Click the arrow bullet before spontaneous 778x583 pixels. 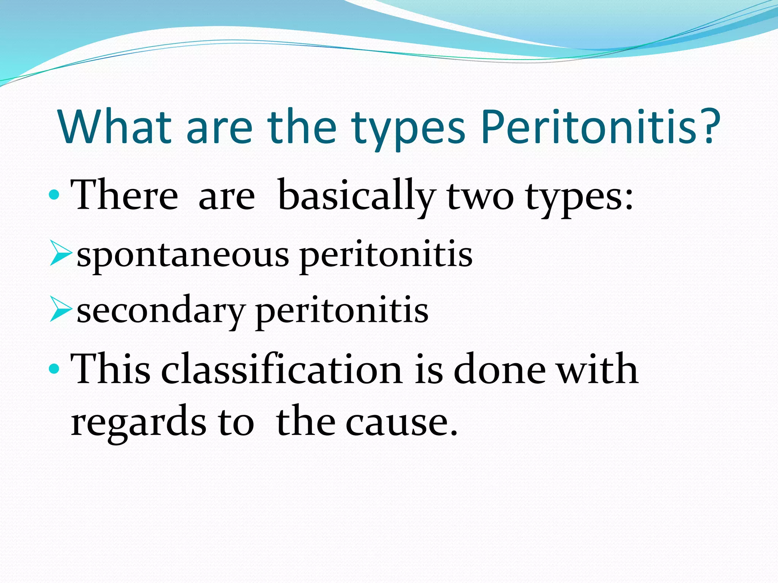coord(60,255)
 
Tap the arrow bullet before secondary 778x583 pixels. coord(60,310)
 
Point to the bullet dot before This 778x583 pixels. coord(54,368)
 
